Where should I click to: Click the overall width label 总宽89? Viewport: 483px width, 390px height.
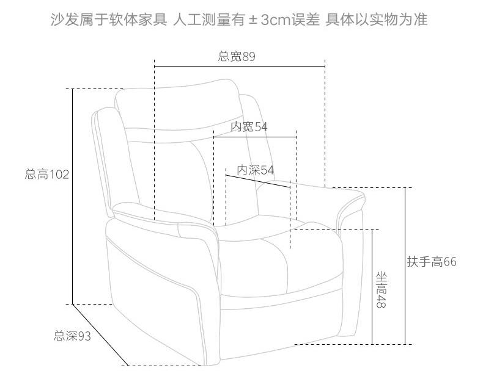237,56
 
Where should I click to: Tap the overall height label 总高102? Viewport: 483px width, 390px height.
47,175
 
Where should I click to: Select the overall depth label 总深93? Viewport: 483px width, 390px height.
72,335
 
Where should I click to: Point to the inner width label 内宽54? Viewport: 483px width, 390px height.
249,126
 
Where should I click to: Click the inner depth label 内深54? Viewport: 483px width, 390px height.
255,170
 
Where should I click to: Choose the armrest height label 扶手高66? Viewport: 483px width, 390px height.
432,262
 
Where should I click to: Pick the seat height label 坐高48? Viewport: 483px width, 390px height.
381,290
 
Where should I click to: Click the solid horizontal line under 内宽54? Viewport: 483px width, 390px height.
255,137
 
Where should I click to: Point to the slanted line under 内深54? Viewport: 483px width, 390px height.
257,182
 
